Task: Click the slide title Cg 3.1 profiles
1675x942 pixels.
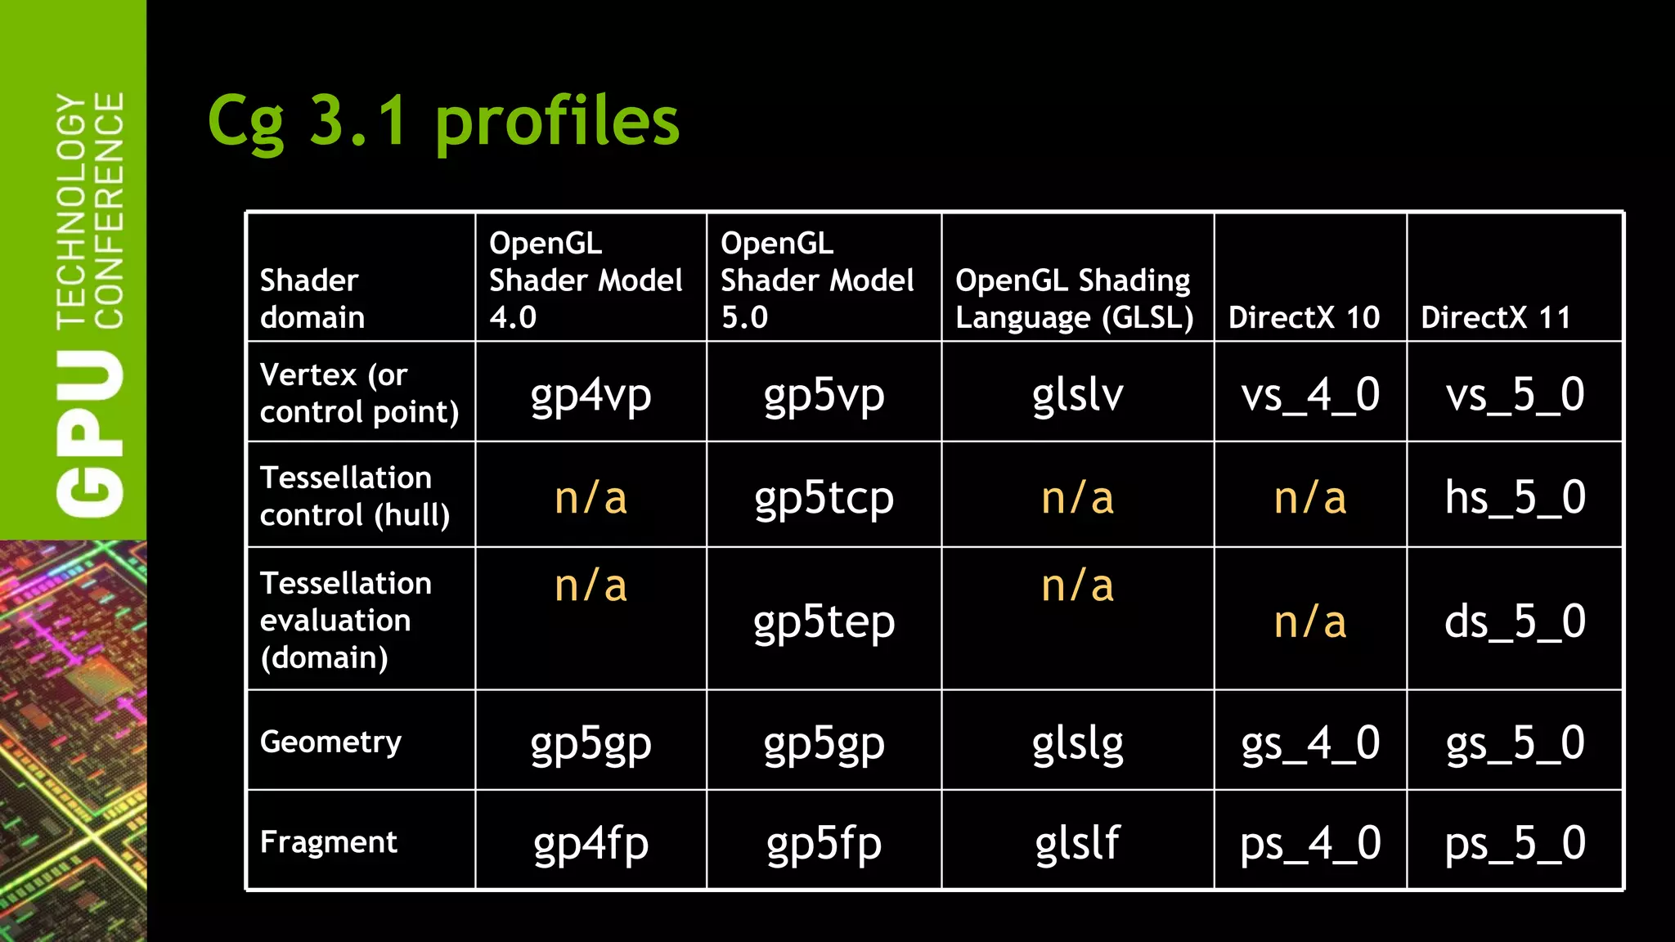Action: tap(443, 121)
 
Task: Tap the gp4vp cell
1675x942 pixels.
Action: tap(591, 395)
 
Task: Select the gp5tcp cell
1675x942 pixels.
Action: tap(824, 498)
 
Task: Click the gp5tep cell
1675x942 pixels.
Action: tap(824, 622)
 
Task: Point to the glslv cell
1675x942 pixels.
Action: tap(1077, 395)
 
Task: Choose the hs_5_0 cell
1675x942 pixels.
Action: tap(1515, 497)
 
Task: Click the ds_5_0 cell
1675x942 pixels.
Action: tap(1515, 622)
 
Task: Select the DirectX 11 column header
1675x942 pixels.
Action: tap(1495, 317)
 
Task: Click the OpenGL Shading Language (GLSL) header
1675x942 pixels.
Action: tap(1074, 298)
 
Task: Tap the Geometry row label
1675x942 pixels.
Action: tap(330, 742)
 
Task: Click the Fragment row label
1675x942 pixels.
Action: tap(328, 842)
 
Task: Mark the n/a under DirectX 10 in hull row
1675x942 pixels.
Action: tap(1309, 498)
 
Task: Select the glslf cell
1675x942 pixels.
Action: tap(1076, 843)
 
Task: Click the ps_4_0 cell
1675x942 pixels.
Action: tap(1309, 843)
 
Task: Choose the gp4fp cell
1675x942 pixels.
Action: tap(591, 843)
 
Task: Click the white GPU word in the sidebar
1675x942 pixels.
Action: tap(90, 433)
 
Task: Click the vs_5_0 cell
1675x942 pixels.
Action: tap(1515, 395)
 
